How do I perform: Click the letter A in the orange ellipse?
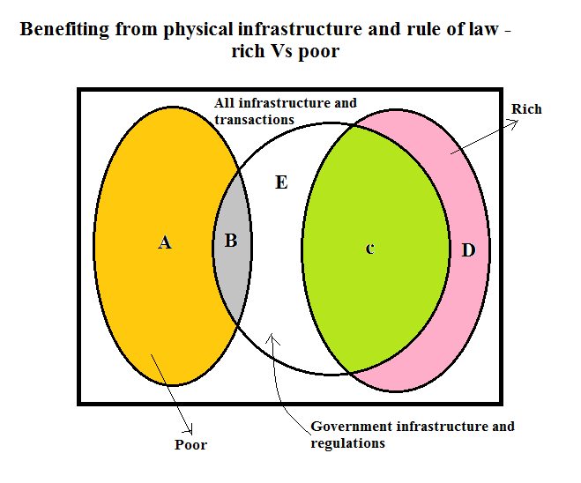(x=164, y=242)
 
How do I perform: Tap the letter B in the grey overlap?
(x=230, y=240)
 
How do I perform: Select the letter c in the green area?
(x=370, y=249)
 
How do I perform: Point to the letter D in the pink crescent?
(x=468, y=250)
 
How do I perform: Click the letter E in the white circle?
(x=281, y=182)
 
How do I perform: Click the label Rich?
(x=526, y=109)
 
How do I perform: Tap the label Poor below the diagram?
(x=190, y=444)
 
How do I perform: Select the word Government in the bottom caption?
(x=349, y=427)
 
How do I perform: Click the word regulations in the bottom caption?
(x=347, y=442)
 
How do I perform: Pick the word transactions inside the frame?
(x=254, y=118)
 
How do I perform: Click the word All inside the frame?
(x=224, y=103)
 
